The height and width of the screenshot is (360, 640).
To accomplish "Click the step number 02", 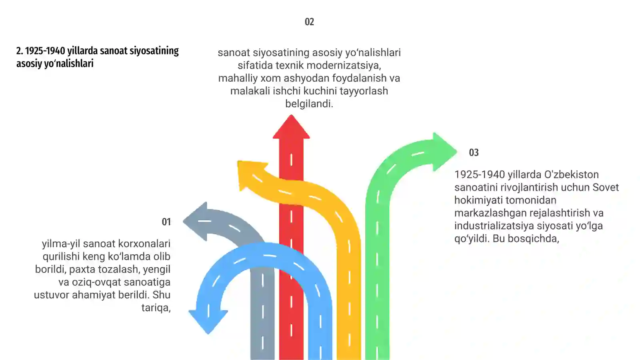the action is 309,22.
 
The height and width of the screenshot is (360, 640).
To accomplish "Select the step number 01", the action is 166,222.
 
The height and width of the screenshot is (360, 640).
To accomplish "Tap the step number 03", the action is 474,152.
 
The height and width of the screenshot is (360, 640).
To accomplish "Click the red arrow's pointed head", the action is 291,127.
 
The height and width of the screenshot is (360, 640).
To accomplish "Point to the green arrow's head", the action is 444,152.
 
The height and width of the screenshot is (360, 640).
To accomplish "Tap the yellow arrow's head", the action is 252,174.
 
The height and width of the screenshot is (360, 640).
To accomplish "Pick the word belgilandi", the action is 309,104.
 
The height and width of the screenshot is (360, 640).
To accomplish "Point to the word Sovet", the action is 606,188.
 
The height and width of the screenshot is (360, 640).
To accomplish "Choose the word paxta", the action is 82,270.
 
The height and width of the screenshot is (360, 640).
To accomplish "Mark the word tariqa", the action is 156,308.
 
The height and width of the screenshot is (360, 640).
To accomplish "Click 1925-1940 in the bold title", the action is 45,51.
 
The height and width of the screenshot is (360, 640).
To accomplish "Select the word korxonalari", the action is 144,244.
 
